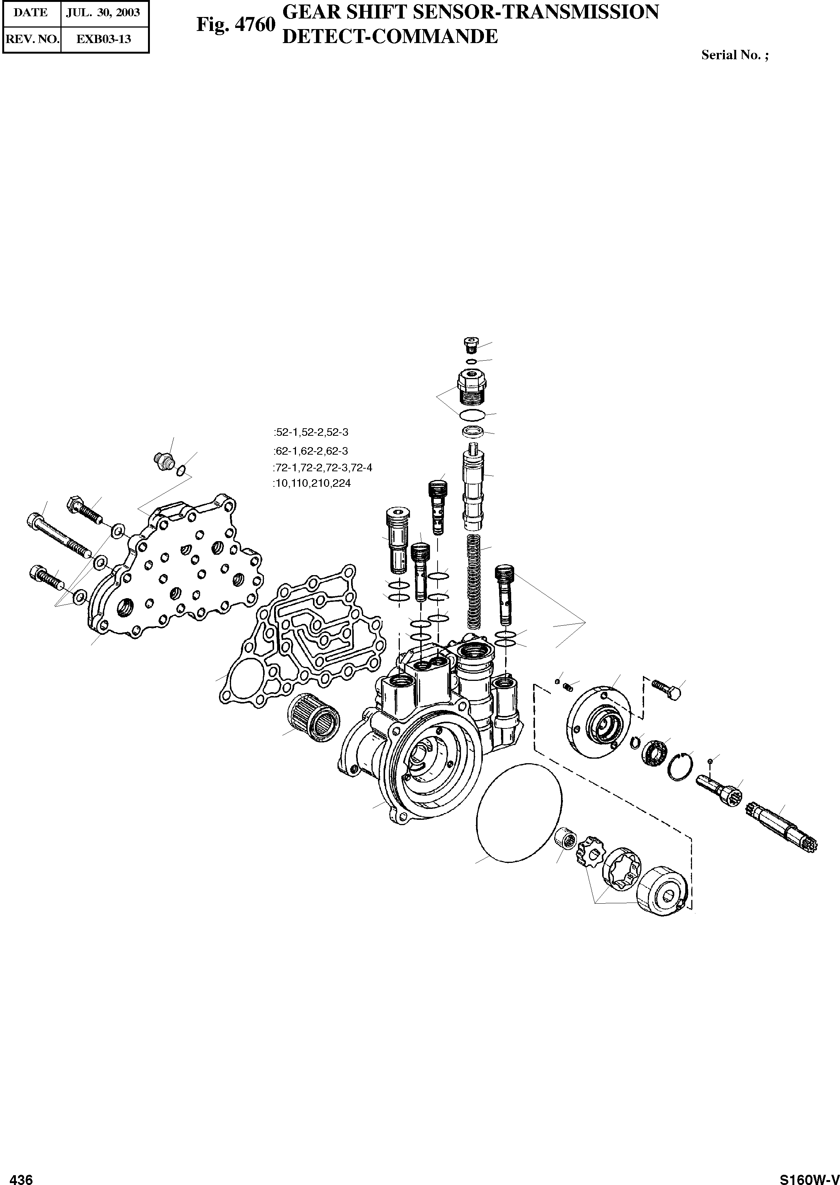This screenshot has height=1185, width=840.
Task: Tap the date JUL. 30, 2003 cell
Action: [x=103, y=12]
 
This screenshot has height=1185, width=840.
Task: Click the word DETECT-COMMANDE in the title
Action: [x=389, y=37]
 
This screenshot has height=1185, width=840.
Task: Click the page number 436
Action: [x=22, y=1175]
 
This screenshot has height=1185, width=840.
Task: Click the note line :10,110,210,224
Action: [x=312, y=484]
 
